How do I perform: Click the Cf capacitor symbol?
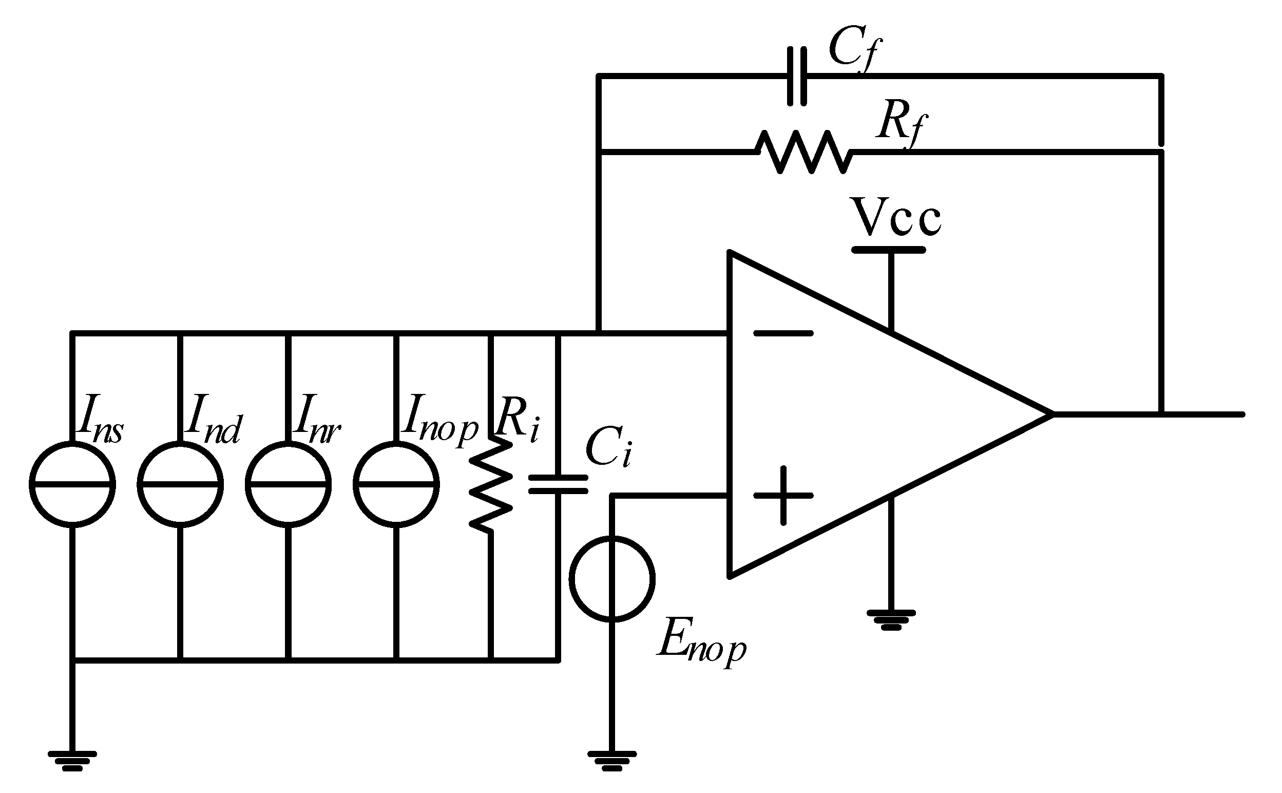[797, 77]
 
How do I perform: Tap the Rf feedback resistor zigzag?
[803, 152]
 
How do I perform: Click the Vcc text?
[897, 216]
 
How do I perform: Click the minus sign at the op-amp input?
[783, 333]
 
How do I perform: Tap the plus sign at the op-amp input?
[783, 495]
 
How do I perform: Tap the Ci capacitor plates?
[558, 484]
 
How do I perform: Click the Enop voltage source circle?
[611, 578]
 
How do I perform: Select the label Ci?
[608, 448]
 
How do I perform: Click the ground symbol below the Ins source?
[72, 761]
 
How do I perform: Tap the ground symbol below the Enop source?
[611, 761]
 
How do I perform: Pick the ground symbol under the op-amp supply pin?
[891, 619]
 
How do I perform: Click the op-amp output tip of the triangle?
[1051, 414]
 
